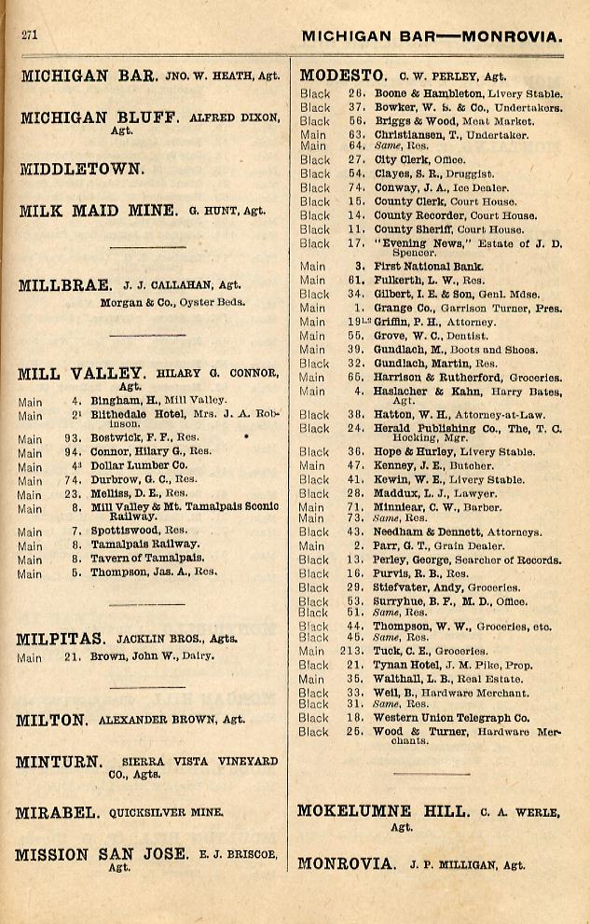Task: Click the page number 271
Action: pyautogui.click(x=29, y=34)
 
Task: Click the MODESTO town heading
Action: pyautogui.click(x=342, y=76)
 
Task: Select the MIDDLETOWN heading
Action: pyautogui.click(x=82, y=170)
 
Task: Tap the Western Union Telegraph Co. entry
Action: pyautogui.click(x=451, y=718)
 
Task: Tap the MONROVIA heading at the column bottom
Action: pyautogui.click(x=346, y=863)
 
